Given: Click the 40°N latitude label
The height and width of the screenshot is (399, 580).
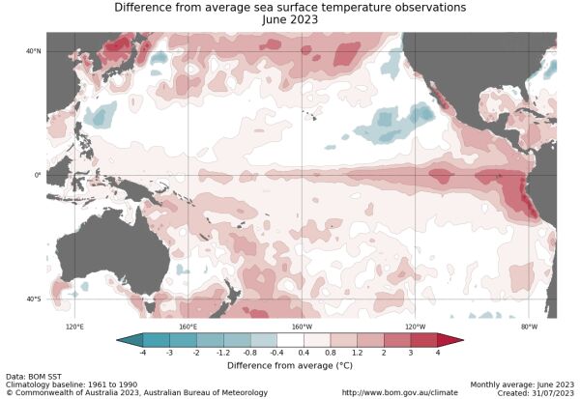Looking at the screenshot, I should [33, 51].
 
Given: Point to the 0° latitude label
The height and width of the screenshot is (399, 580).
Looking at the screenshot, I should [37, 175].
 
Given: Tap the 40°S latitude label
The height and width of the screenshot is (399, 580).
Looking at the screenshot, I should [33, 299].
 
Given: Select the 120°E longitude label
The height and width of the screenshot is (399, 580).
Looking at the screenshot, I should [74, 327].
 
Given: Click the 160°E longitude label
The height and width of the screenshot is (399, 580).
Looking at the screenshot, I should [188, 327].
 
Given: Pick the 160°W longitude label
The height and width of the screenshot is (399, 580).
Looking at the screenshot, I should [302, 327].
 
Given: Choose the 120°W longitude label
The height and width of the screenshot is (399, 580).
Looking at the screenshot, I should [416, 327].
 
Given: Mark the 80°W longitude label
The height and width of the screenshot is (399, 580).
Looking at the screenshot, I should [529, 327].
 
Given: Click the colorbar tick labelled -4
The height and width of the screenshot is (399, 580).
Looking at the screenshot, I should [143, 355].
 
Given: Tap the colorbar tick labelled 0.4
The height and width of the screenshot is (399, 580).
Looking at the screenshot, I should [304, 355].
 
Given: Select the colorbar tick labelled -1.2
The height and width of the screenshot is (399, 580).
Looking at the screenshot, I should [223, 355].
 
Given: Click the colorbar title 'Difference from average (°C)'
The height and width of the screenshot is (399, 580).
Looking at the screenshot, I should [290, 365].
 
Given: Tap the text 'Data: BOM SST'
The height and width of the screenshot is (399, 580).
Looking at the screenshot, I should [30, 376].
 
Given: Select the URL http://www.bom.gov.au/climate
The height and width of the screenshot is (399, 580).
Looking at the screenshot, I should [399, 392].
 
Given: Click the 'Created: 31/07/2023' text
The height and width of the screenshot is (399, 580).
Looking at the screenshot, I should [538, 392].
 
